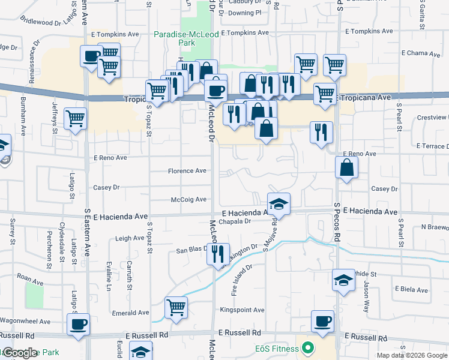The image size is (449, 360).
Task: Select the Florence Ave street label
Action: (187, 171)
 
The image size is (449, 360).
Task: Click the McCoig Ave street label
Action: (188, 199)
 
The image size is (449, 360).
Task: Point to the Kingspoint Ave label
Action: (242, 310)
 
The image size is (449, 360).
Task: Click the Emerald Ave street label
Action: (130, 313)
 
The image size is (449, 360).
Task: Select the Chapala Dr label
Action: (234, 221)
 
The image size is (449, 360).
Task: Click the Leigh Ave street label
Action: (130, 238)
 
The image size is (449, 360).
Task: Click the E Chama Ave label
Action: (420, 53)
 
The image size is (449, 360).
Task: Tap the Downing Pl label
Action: (245, 12)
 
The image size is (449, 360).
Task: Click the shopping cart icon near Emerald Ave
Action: (176, 307)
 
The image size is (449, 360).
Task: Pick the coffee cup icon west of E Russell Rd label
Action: (78, 325)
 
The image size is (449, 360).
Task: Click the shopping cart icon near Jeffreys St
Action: (75, 119)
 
